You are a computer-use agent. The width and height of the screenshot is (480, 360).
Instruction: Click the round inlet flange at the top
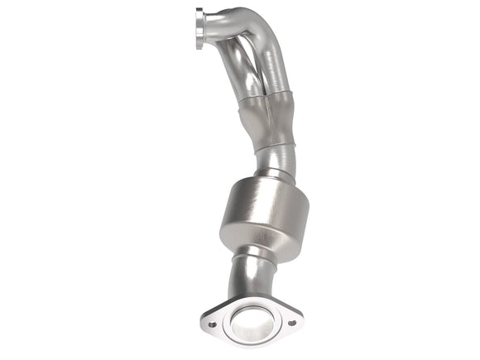199,31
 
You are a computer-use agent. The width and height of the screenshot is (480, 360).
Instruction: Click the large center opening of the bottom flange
252,321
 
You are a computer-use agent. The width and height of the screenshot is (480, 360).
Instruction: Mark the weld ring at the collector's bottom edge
273,148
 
